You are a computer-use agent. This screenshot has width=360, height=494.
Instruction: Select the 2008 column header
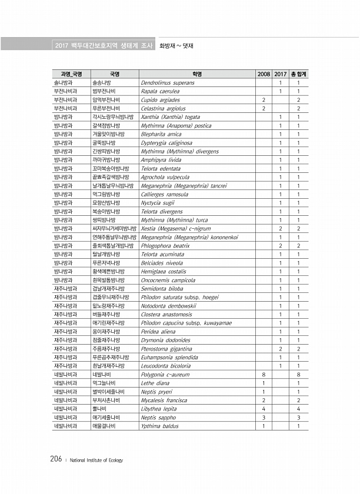264,74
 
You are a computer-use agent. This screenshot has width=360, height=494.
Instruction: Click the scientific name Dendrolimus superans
168,83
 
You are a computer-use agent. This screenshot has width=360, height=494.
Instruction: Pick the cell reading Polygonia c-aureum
165,374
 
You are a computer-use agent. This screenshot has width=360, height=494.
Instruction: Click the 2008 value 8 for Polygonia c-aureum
264,374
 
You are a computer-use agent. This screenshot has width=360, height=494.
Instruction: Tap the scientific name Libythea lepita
159,408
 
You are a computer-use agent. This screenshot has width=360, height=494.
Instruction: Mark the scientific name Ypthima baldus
160,426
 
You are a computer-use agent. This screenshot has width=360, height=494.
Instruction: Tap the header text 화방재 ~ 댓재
177,45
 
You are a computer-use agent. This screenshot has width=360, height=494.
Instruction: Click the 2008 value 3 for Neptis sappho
264,417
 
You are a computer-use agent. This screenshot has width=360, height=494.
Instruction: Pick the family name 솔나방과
63,83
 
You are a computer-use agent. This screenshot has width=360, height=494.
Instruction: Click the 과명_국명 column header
68,74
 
